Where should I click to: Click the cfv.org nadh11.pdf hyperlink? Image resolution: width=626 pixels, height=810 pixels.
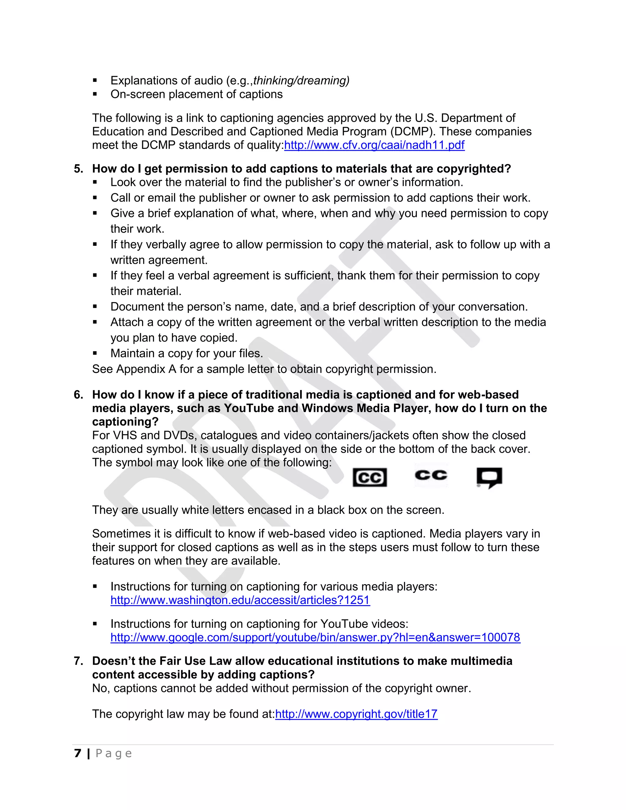(x=374, y=145)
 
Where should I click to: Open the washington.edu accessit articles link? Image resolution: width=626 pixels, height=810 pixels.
(x=240, y=600)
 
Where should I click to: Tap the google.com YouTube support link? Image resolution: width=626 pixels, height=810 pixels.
(x=315, y=637)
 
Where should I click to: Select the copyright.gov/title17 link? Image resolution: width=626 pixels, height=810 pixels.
(x=356, y=714)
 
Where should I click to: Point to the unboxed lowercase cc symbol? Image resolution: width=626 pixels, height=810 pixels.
(x=431, y=475)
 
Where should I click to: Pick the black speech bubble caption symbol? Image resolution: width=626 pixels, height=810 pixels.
(x=489, y=477)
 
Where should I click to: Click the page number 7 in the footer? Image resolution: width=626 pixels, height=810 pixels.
(x=78, y=753)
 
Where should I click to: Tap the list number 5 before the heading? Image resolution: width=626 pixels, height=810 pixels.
(x=78, y=169)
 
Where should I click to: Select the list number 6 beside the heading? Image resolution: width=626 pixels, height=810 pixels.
(x=78, y=395)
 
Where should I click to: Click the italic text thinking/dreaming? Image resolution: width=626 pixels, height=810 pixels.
(x=301, y=80)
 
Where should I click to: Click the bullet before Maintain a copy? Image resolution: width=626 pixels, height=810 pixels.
(x=95, y=353)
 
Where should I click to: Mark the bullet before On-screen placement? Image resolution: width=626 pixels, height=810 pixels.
(x=95, y=94)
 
